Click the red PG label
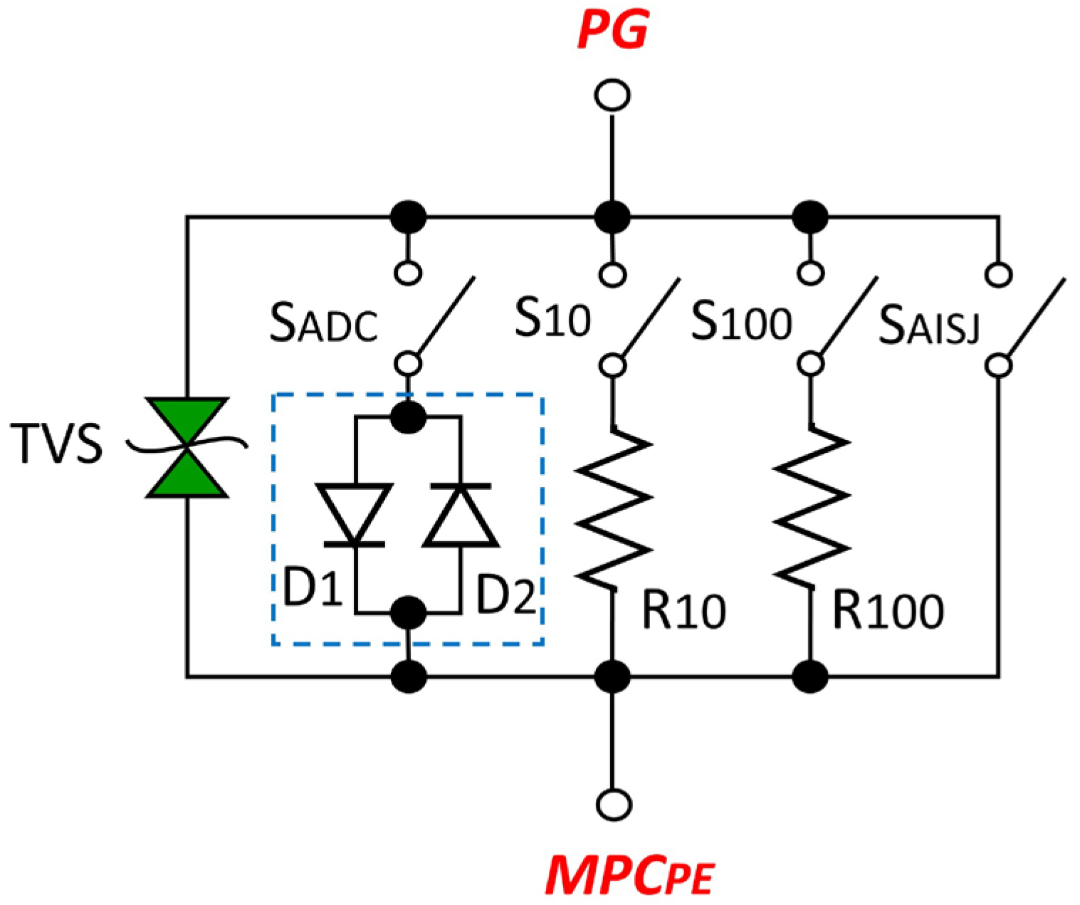[612, 30]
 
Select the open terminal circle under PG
[612, 95]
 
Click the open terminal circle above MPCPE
[612, 804]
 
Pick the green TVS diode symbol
[187, 447]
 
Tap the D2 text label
[505, 595]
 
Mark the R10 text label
[683, 611]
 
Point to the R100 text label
[888, 611]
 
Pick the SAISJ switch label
[929, 325]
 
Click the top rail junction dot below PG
[612, 216]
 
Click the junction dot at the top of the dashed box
[409, 417]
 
